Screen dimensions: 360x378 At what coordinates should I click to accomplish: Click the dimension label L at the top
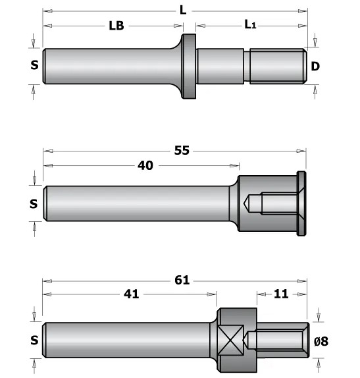coord(183,11)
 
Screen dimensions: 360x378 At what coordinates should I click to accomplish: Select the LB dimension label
coord(116,26)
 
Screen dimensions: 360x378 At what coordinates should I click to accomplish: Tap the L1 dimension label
coord(250,24)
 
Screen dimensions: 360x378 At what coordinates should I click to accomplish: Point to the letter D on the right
coord(315,67)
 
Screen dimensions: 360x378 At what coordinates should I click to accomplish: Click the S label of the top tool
coord(34,65)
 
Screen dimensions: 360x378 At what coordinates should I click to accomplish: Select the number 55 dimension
coord(182,150)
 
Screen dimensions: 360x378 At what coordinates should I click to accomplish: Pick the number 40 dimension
coord(145,165)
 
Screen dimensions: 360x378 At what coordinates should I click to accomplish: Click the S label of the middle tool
coord(34,204)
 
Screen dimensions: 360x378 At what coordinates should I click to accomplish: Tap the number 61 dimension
coord(182,280)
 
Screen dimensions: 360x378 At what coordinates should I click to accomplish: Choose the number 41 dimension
coord(132,294)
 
